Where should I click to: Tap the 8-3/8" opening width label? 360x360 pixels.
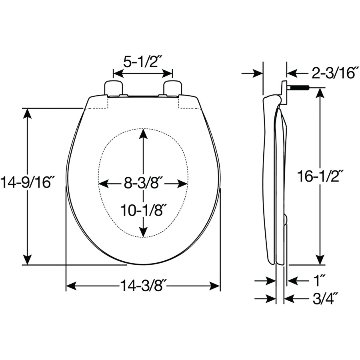(x=142, y=183)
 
